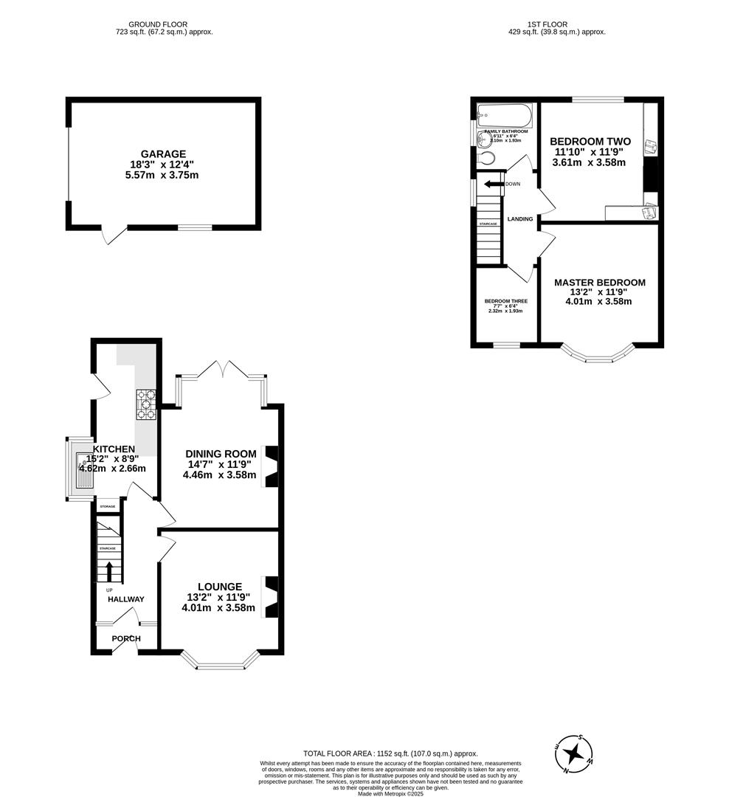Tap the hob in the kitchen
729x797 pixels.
145,404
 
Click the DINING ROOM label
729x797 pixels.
221,454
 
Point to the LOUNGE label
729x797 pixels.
218,587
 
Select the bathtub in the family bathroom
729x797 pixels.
504,116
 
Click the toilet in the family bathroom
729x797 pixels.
486,158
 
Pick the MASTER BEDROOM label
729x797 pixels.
599,283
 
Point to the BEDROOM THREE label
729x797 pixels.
505,301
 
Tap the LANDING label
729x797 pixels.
519,219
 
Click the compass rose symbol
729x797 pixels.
573,753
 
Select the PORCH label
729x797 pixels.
126,638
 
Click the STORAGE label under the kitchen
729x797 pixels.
108,507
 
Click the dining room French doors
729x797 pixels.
221,369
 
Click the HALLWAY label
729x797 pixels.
126,599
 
